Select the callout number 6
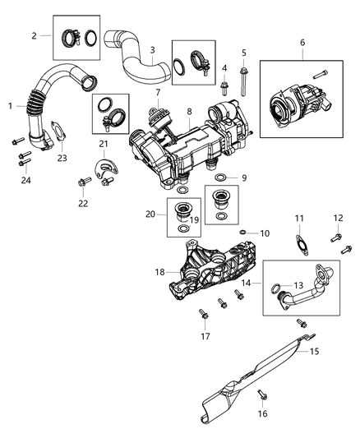302,42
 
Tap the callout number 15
313,352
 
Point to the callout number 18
159,270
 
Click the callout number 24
25,180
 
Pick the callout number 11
300,218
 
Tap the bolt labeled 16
261,394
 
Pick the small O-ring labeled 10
243,233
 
